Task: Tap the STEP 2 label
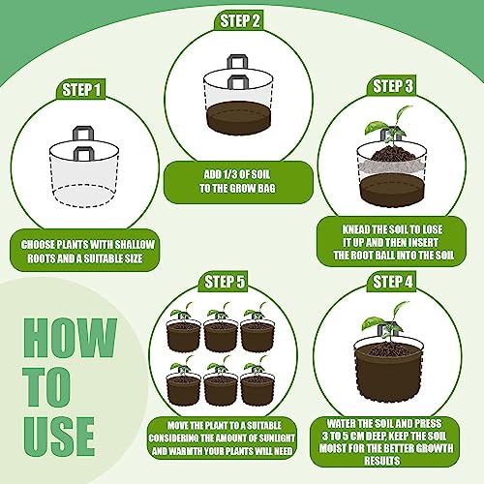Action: [x=241, y=21]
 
